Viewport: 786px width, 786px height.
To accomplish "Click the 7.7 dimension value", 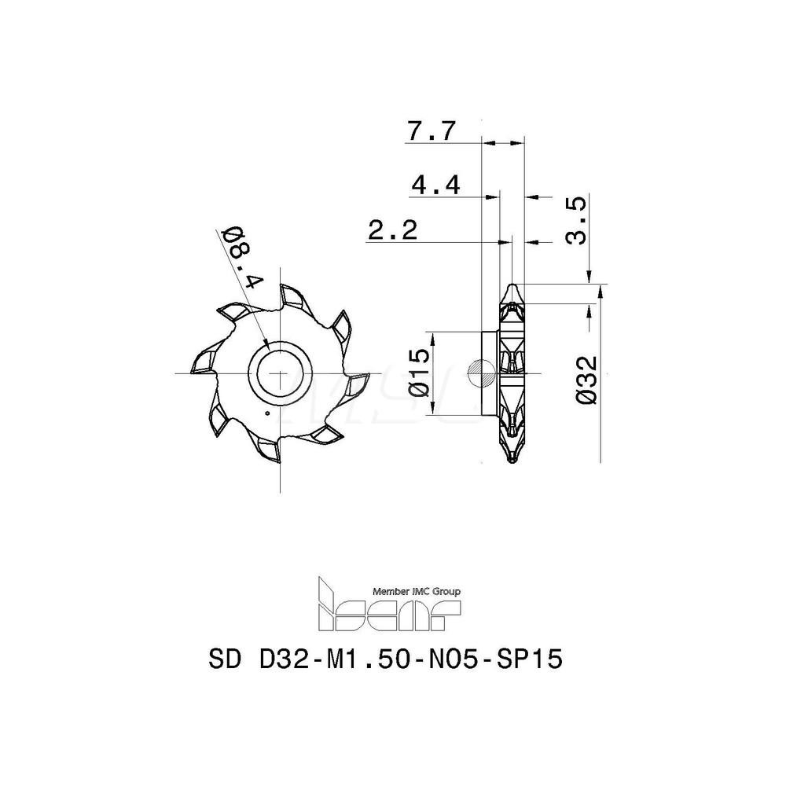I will pos(432,131).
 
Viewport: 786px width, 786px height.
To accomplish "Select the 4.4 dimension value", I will pos(435,186).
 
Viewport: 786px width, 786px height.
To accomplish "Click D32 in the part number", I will pos(286,659).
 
